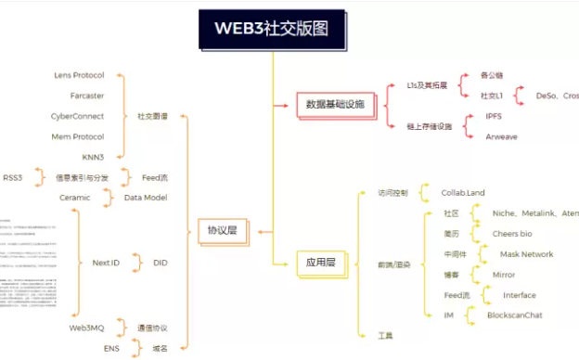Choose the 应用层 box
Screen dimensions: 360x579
320,264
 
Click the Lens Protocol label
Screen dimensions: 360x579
81,75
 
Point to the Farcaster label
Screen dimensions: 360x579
87,95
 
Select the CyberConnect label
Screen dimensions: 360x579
77,116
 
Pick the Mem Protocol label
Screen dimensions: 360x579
78,136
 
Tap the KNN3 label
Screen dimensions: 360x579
93,157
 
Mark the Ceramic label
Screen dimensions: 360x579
76,197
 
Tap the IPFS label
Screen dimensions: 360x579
494,116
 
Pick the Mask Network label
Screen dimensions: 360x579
526,254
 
